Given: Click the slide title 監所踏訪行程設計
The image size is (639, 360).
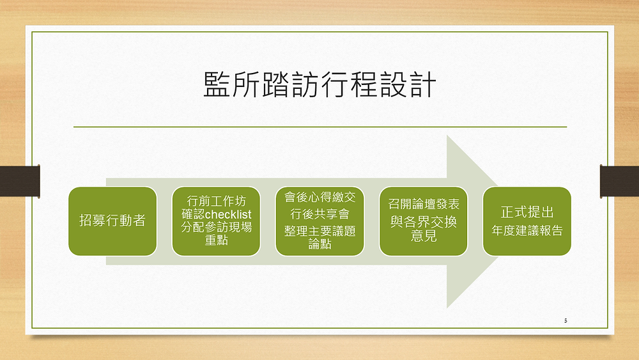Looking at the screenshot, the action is point(320,85).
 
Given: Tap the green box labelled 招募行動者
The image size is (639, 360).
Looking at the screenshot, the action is point(112,221).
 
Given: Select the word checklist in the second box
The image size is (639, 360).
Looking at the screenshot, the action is point(228,214).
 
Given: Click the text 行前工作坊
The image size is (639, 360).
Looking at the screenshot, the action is point(217,201).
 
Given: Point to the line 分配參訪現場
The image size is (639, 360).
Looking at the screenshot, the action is point(217,227).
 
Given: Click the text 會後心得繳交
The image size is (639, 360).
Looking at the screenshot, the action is point(320,198).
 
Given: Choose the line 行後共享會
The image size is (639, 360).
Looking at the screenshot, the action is point(320,214).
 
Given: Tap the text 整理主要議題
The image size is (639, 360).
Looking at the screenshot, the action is point(320,231).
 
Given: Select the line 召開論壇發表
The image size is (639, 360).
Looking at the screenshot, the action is point(424,204).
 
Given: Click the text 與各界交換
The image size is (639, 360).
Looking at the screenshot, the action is point(424,222).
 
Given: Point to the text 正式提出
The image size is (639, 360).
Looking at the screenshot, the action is point(527,212).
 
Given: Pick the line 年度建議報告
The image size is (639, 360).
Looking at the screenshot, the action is point(527,231).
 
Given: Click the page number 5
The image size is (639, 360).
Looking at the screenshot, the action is point(566,320).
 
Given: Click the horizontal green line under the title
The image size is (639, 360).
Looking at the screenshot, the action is point(320,127).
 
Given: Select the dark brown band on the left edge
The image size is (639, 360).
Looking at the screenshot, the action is point(20,181).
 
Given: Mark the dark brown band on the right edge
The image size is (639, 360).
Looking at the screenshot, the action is point(619,181).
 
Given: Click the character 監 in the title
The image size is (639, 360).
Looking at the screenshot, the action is point(217,85).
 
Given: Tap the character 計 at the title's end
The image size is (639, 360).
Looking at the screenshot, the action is point(424,85).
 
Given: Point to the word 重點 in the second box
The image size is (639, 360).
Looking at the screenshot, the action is point(217,240).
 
